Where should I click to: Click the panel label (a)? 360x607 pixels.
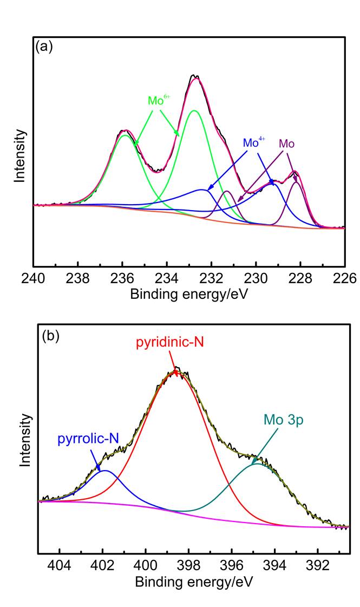coord(44,47)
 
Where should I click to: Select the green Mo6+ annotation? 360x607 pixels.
coord(159,101)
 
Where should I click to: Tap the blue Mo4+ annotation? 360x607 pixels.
coord(254,143)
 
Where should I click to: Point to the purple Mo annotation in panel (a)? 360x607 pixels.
coord(286,143)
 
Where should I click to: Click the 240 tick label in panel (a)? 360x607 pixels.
coord(34,278)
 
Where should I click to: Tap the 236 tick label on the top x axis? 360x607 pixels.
coord(122,278)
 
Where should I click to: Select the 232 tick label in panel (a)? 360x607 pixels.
coord(211,278)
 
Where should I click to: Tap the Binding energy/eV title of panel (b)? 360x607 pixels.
coord(194,582)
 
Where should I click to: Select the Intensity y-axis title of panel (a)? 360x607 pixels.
coord(20,154)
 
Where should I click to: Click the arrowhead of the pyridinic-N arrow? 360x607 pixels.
coord(176,372)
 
